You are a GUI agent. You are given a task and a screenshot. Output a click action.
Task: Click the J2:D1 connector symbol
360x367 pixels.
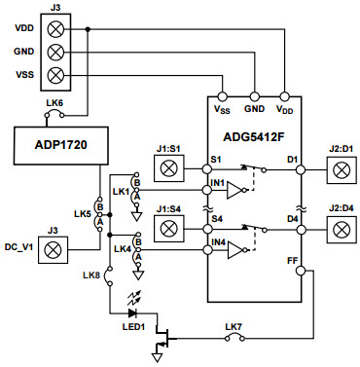341,169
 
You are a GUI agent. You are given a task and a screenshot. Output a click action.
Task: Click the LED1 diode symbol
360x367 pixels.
131,312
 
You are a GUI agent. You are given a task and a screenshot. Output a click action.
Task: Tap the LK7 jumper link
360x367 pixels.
234,339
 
